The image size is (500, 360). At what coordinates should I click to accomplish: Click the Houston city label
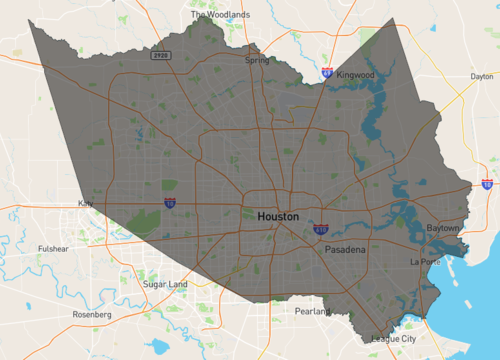(277, 216)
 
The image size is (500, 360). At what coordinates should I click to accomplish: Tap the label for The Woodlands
(218, 15)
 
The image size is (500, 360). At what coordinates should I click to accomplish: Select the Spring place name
(257, 60)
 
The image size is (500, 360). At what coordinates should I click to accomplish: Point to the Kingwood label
(355, 75)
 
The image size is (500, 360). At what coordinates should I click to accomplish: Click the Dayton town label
(482, 76)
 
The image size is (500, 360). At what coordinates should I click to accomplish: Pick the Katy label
(86, 204)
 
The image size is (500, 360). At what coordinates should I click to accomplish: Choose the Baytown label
(443, 228)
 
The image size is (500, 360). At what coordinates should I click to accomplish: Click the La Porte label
(425, 261)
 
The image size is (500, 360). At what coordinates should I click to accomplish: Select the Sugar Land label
(165, 285)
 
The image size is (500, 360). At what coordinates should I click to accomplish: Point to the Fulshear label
(52, 248)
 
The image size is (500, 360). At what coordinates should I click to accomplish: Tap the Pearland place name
(314, 312)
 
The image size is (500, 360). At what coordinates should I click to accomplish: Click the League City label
(392, 339)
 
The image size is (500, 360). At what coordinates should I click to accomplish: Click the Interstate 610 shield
(320, 229)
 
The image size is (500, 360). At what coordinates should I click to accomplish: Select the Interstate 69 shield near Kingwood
(327, 72)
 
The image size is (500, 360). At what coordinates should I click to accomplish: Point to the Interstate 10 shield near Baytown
(487, 184)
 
